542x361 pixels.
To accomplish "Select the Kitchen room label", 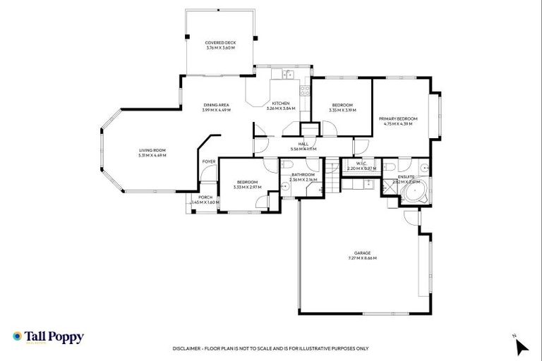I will pyautogui.click(x=281, y=104).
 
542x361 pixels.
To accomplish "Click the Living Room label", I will pyautogui.click(x=152, y=150).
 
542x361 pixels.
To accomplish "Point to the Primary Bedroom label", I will pyautogui.click(x=397, y=119).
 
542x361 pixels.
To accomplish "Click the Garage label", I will pyautogui.click(x=363, y=253).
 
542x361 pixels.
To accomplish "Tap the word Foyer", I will pyautogui.click(x=209, y=161).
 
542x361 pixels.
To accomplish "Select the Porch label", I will pyautogui.click(x=205, y=197).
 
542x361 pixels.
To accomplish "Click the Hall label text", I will pyautogui.click(x=303, y=144).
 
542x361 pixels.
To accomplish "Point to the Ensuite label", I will pyautogui.click(x=406, y=176).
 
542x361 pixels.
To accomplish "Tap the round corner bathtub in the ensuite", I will pyautogui.click(x=412, y=196).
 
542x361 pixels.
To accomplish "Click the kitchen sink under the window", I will pyautogui.click(x=288, y=73).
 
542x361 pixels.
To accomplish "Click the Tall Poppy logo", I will pyautogui.click(x=48, y=337).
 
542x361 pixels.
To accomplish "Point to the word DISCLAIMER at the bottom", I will pyautogui.click(x=190, y=348).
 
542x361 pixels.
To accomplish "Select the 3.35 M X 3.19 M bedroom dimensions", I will pyautogui.click(x=342, y=110).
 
